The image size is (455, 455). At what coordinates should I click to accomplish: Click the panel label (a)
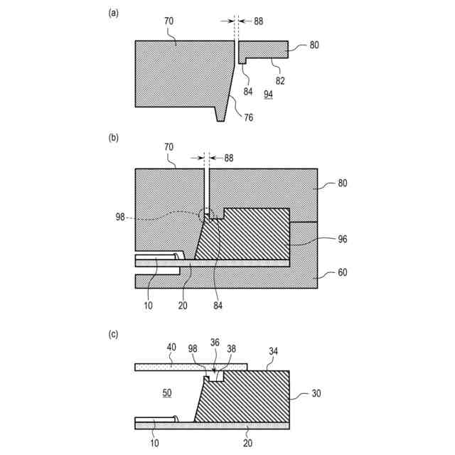(112, 12)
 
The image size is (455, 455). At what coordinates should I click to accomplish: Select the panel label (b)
(112, 139)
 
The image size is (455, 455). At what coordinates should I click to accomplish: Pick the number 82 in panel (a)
(280, 81)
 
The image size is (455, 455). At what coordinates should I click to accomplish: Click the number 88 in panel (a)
(258, 21)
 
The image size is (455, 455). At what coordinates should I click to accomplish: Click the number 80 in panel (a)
(314, 45)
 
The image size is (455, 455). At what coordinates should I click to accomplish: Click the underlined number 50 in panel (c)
(166, 393)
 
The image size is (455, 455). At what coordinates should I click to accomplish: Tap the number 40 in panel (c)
(171, 348)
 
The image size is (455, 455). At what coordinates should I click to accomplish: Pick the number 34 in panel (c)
(272, 350)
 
